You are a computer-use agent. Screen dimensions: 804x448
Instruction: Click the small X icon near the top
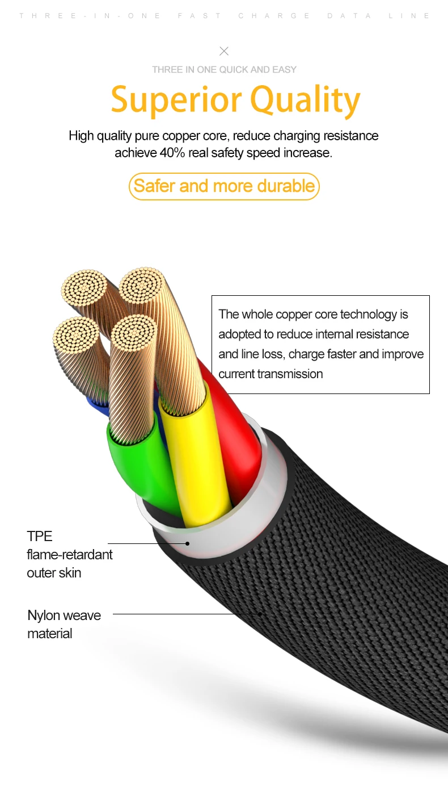(x=224, y=51)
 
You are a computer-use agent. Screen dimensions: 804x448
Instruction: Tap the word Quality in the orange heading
(x=305, y=100)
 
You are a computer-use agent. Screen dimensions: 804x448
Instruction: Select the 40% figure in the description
(x=172, y=153)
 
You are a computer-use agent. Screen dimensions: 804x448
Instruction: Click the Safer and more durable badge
(x=224, y=186)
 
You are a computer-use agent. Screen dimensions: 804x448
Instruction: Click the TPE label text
(x=40, y=536)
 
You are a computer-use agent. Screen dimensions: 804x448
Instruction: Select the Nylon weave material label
(x=64, y=624)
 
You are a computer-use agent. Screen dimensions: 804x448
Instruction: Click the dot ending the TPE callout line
(x=187, y=543)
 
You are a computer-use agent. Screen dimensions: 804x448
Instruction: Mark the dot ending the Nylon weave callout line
(x=260, y=613)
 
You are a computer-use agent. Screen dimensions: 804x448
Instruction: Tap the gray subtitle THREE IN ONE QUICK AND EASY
(x=224, y=69)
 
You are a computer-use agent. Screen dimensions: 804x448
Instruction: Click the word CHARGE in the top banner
(x=274, y=16)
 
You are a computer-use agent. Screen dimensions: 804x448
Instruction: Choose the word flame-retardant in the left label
(x=70, y=554)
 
